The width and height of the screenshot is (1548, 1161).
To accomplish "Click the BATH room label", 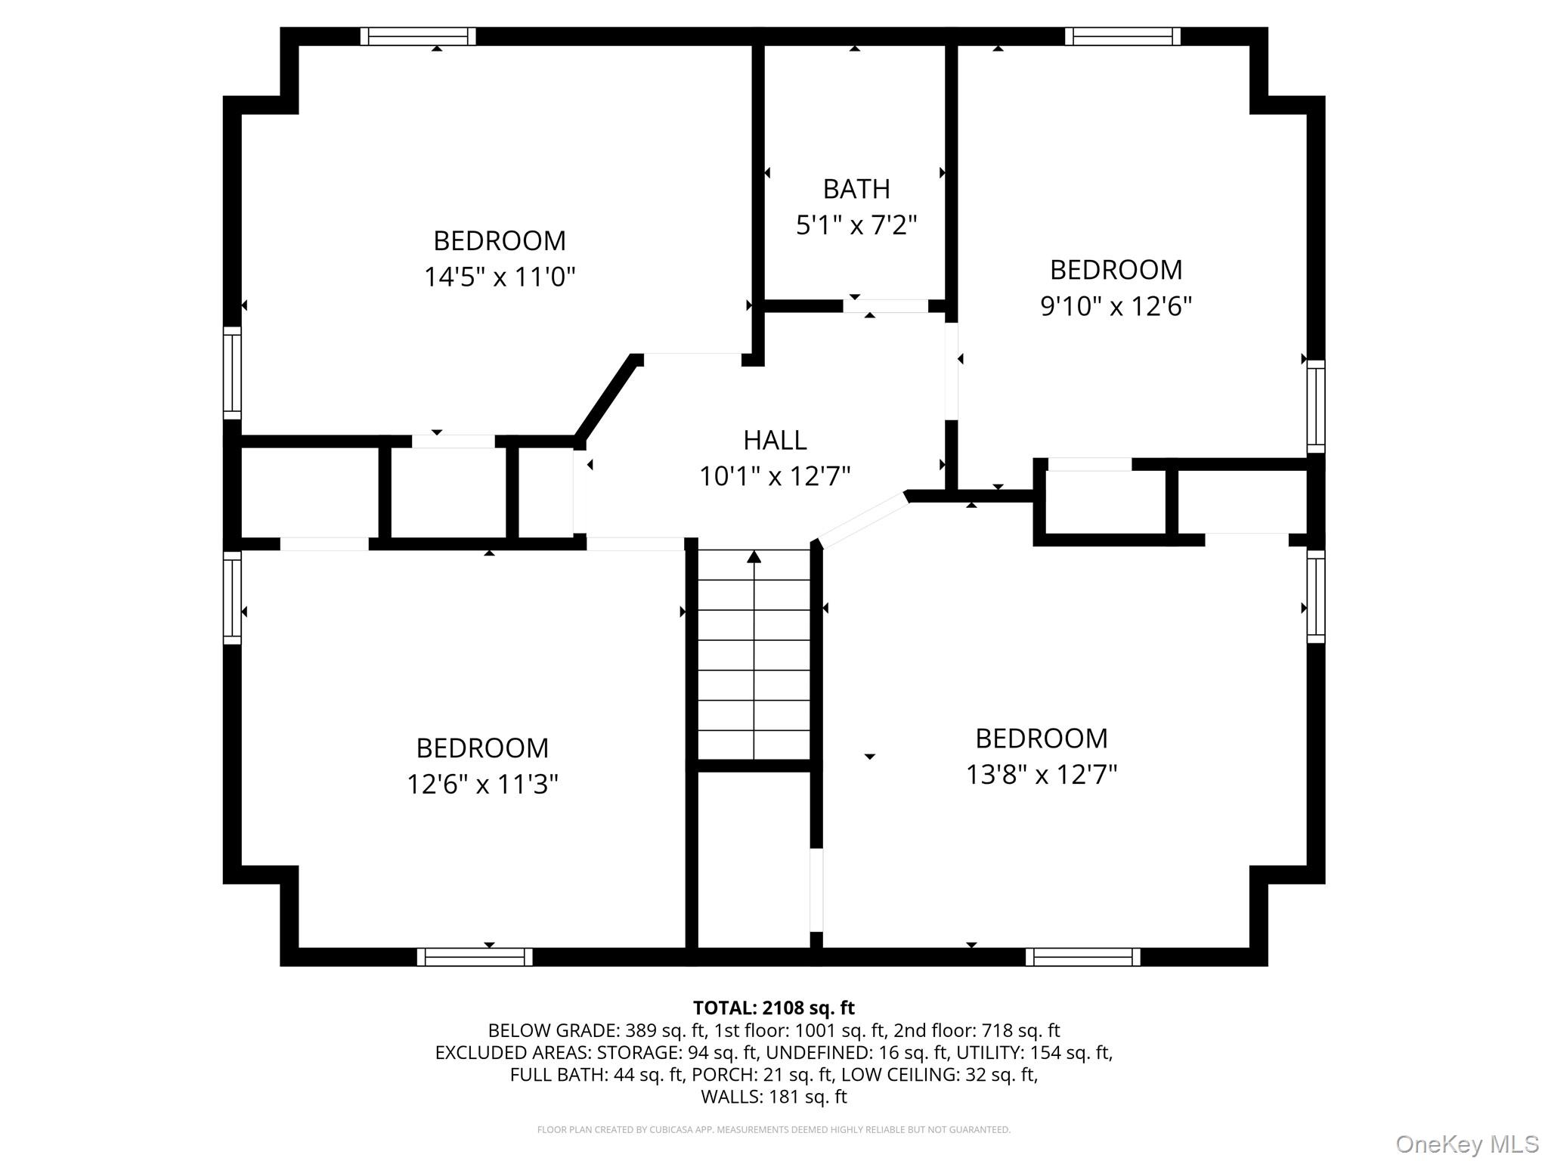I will click(x=856, y=189).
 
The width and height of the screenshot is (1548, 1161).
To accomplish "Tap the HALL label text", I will click(x=775, y=440).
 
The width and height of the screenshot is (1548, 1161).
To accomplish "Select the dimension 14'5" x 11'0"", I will click(x=500, y=277).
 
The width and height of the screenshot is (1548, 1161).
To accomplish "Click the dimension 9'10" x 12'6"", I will click(x=1116, y=306).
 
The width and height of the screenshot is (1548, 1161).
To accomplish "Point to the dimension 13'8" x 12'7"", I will click(x=1042, y=775).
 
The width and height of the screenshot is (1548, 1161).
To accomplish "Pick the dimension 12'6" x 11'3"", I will click(x=482, y=785).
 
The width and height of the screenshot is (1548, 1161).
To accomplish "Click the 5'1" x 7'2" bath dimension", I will click(x=856, y=225).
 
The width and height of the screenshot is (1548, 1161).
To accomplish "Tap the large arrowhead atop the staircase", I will click(x=754, y=557).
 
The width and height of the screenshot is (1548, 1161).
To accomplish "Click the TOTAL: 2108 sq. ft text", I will click(x=773, y=1008).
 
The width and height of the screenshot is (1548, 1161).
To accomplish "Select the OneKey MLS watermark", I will click(x=1466, y=1144).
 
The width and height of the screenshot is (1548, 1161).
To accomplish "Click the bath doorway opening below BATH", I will click(x=885, y=306).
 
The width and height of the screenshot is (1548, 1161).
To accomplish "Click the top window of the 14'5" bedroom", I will click(x=418, y=36).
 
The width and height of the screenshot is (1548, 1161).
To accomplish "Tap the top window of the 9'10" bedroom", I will click(x=1122, y=36).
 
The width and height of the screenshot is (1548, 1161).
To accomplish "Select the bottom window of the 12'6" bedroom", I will click(x=475, y=957).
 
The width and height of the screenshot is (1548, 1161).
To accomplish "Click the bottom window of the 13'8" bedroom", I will click(x=1082, y=957).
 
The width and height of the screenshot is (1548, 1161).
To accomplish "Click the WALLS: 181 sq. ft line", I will click(x=773, y=1097).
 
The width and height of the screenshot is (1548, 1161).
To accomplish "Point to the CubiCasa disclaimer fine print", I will click(x=773, y=1130).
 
